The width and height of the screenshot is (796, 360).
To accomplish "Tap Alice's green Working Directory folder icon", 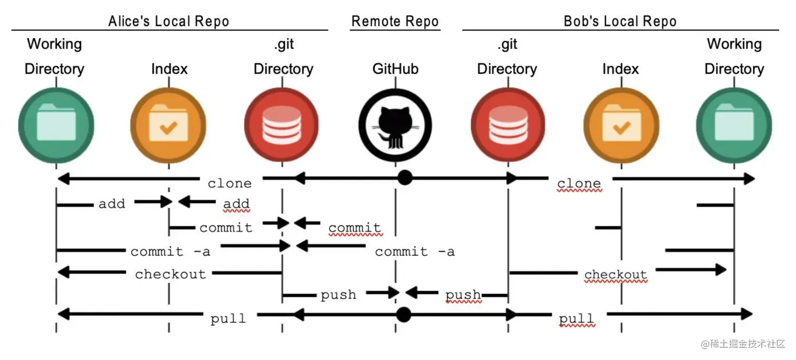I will click(x=56, y=125).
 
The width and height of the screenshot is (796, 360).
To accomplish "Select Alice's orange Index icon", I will click(x=168, y=125).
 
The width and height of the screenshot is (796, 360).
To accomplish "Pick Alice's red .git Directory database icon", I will click(x=282, y=125).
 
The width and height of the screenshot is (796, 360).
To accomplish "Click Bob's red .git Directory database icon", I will click(x=508, y=125).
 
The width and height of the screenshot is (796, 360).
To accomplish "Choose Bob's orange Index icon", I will click(x=621, y=125).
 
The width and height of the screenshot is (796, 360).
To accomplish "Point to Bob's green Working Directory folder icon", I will click(x=734, y=125).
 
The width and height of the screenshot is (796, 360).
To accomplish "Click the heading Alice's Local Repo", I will click(x=168, y=22).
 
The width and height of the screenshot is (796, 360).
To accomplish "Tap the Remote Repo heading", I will click(x=395, y=22).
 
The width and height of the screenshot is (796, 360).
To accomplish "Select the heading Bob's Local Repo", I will click(x=620, y=22).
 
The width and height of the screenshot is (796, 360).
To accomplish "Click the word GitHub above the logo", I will click(x=395, y=69).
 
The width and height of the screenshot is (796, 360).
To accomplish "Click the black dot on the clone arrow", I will click(x=404, y=178).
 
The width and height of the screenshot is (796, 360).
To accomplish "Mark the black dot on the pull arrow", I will click(x=403, y=315).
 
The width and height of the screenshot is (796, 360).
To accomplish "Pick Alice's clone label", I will click(x=230, y=183).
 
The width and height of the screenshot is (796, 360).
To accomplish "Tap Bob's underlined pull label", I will click(x=576, y=318).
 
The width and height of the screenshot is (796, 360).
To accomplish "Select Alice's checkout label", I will click(x=171, y=274).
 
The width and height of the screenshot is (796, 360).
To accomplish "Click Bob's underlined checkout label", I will click(x=615, y=274).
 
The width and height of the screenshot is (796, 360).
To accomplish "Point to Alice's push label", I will click(x=338, y=295).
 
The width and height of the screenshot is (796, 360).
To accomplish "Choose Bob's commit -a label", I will click(x=414, y=252).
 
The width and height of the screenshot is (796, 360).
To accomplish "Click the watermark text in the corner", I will click(x=743, y=344).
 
